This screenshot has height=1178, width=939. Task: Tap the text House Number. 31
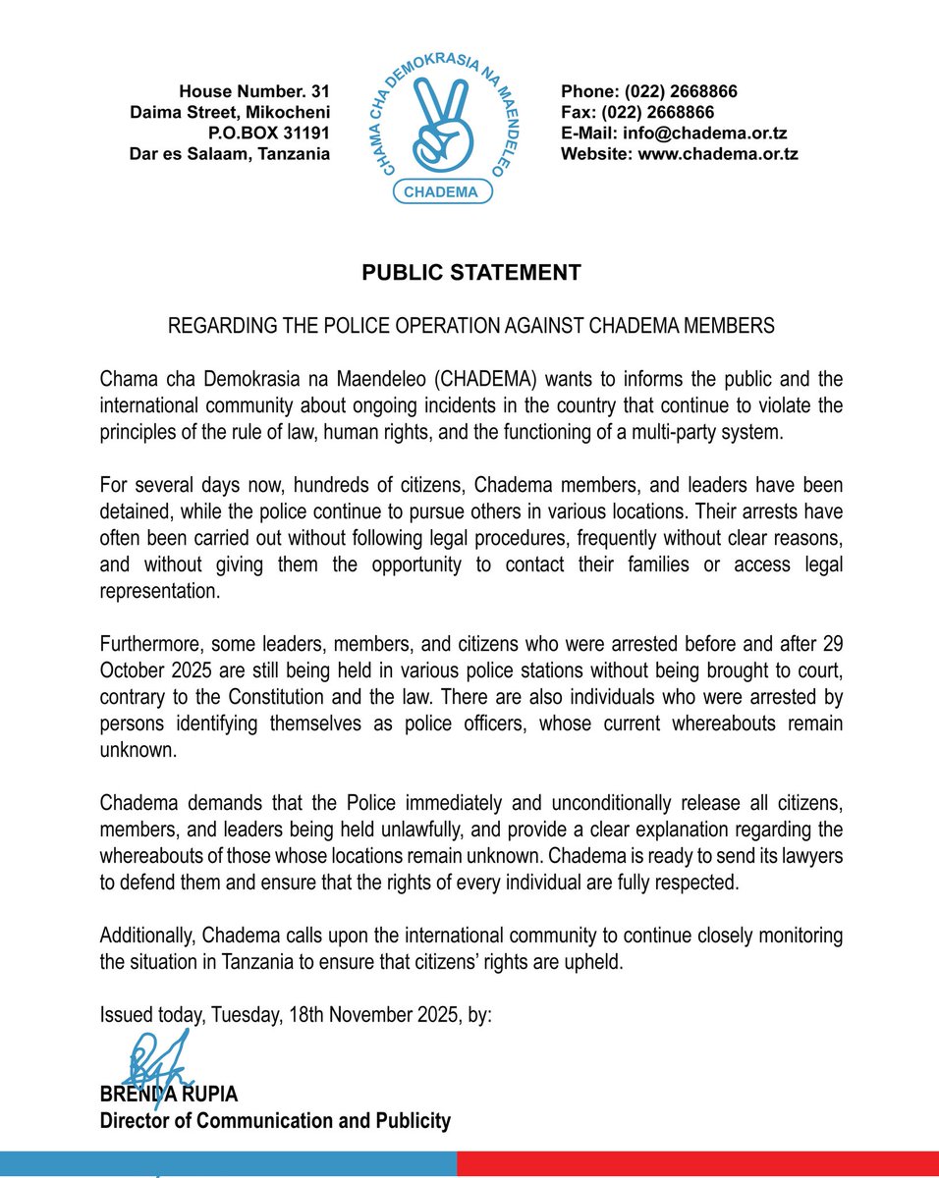[254, 92]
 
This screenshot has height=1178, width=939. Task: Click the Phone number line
[648, 92]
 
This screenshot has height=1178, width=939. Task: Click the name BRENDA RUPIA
[169, 1094]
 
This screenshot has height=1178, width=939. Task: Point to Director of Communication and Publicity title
[275, 1120]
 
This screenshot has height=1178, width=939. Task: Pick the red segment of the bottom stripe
[697, 1164]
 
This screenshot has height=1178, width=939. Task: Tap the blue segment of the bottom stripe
[228, 1164]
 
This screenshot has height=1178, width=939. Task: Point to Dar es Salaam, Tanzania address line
[230, 154]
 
